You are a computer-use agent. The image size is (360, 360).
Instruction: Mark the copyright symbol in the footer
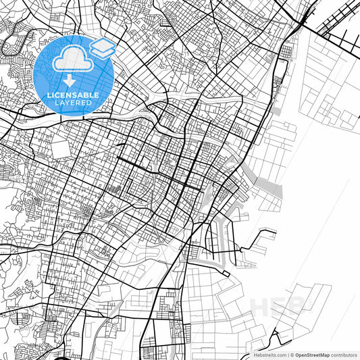292,354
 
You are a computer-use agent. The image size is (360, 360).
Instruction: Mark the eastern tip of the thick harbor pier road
276,233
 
